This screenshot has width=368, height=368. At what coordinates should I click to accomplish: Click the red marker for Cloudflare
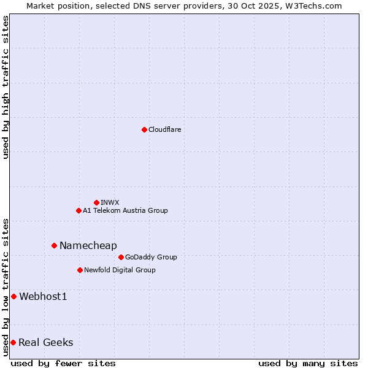coord(144,129)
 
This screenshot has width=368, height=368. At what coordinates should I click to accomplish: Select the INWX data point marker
coord(96,202)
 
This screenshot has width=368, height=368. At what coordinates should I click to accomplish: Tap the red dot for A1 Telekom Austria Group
coord(79,210)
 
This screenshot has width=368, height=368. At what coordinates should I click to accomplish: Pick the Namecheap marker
coord(54,245)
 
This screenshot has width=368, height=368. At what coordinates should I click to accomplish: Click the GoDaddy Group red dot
coord(121,257)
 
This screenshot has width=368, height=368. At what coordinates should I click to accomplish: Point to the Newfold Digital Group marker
coord(80,270)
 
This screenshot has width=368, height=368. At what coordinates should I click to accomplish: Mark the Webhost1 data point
coord(13,296)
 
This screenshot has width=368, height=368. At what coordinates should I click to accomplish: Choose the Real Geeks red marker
coord(13,342)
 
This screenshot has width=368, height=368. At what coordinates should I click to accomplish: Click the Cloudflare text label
coord(165,129)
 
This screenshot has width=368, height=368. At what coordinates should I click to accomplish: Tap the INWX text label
coord(110,202)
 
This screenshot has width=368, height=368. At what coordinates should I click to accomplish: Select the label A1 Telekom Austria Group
coord(125,210)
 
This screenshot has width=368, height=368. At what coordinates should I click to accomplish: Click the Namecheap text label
coord(88,245)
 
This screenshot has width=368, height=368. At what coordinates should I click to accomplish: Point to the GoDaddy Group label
coord(151,257)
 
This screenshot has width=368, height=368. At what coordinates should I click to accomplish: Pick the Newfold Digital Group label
coord(120,270)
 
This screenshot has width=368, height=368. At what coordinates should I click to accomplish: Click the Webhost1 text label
coord(43,297)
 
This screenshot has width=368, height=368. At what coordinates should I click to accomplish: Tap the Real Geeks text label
coord(46,342)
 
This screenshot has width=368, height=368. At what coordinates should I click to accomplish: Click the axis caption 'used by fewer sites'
coord(63,363)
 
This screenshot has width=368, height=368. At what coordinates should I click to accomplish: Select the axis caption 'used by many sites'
coord(308,363)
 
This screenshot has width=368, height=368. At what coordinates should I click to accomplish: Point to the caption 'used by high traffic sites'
coord(6,87)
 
